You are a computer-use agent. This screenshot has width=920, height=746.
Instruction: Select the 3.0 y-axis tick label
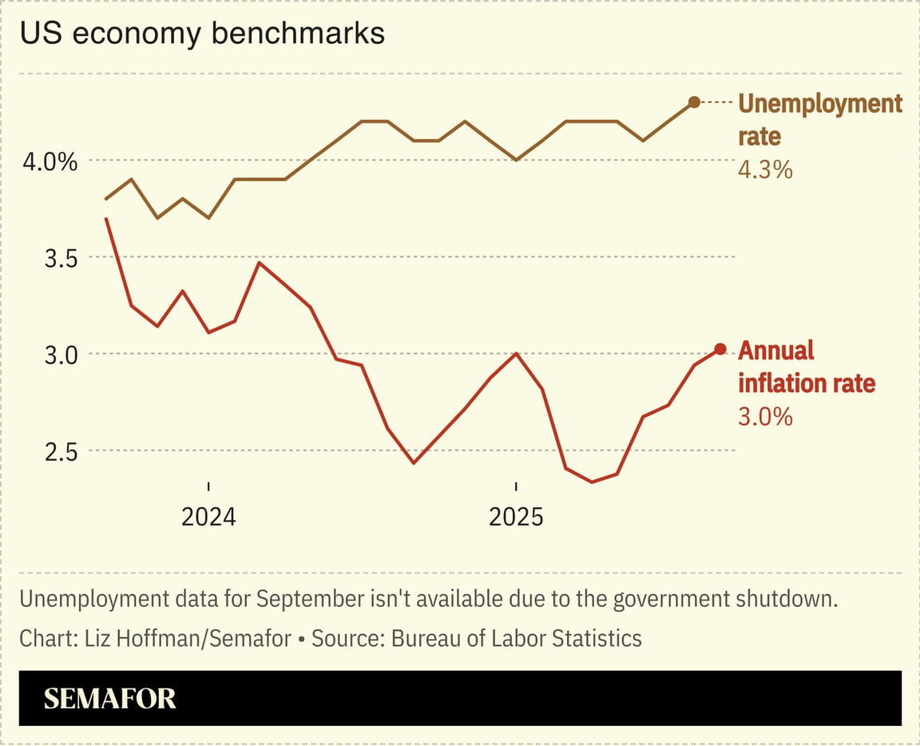point(61,355)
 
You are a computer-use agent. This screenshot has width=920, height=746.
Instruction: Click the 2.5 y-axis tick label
point(61,451)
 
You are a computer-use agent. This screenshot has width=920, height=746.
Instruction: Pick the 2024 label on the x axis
point(208,518)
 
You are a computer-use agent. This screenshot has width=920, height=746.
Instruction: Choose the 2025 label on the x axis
point(516,518)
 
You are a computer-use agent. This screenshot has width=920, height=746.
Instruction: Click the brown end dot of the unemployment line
point(694,101)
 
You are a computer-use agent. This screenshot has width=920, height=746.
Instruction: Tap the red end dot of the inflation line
point(720,349)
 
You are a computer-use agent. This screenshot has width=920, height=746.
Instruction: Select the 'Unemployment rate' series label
point(819,119)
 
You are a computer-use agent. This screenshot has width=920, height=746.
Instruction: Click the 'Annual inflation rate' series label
point(807,367)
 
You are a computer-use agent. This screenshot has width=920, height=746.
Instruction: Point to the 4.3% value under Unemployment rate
point(765,169)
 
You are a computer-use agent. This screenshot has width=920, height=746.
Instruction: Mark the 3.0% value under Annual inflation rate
point(765,416)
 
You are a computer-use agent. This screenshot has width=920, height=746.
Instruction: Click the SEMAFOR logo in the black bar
point(109,699)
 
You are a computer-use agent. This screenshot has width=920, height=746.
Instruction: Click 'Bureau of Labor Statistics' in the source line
point(516,638)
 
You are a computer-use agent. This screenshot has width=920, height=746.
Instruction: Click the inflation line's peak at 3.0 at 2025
point(516,353)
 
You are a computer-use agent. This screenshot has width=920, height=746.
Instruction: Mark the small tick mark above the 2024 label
point(208,486)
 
